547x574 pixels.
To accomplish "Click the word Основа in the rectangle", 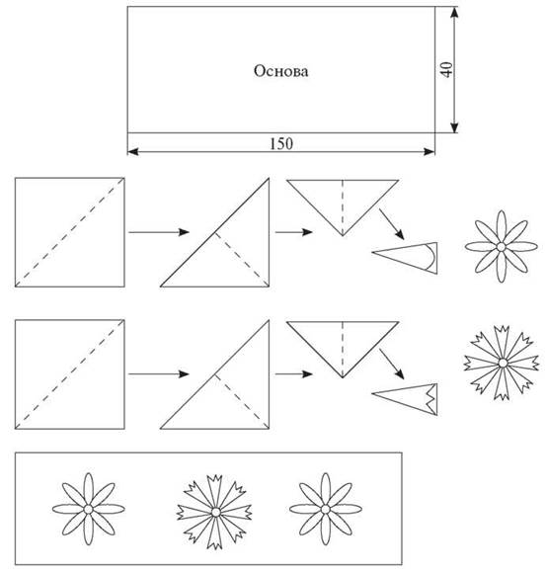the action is pyautogui.click(x=280, y=71).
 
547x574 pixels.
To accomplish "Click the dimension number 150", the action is pyautogui.click(x=281, y=143).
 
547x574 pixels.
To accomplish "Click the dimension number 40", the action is pyautogui.click(x=446, y=69).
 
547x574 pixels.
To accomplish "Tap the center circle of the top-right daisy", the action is pyautogui.click(x=501, y=247).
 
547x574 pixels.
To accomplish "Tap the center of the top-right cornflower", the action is pyautogui.click(x=503, y=363).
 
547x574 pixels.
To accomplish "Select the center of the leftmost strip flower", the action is pyautogui.click(x=88, y=509).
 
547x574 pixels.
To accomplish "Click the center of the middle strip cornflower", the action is pyautogui.click(x=216, y=512).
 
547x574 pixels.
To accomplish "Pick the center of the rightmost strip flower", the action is pyautogui.click(x=325, y=509).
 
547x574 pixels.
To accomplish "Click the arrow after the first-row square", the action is pyautogui.click(x=159, y=232).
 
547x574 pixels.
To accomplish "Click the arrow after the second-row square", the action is pyautogui.click(x=159, y=373).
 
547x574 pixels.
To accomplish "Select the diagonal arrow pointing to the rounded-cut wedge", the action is pyautogui.click(x=392, y=224).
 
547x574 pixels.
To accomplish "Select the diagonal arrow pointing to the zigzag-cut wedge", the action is pyautogui.click(x=392, y=364).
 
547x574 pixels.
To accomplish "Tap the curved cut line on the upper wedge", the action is pyautogui.click(x=433, y=257).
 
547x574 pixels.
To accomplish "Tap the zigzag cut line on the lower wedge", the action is pyautogui.click(x=430, y=399).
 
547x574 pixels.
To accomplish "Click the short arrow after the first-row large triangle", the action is pyautogui.click(x=294, y=232).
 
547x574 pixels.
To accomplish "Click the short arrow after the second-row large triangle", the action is pyautogui.click(x=294, y=373).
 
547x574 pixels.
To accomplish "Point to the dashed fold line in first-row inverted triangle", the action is pyautogui.click(x=343, y=207).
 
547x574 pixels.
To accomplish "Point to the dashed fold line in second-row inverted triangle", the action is pyautogui.click(x=343, y=349).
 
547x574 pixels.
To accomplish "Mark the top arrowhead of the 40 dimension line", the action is pyautogui.click(x=454, y=12).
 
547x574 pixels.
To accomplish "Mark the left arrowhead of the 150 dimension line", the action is pyautogui.click(x=133, y=151).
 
